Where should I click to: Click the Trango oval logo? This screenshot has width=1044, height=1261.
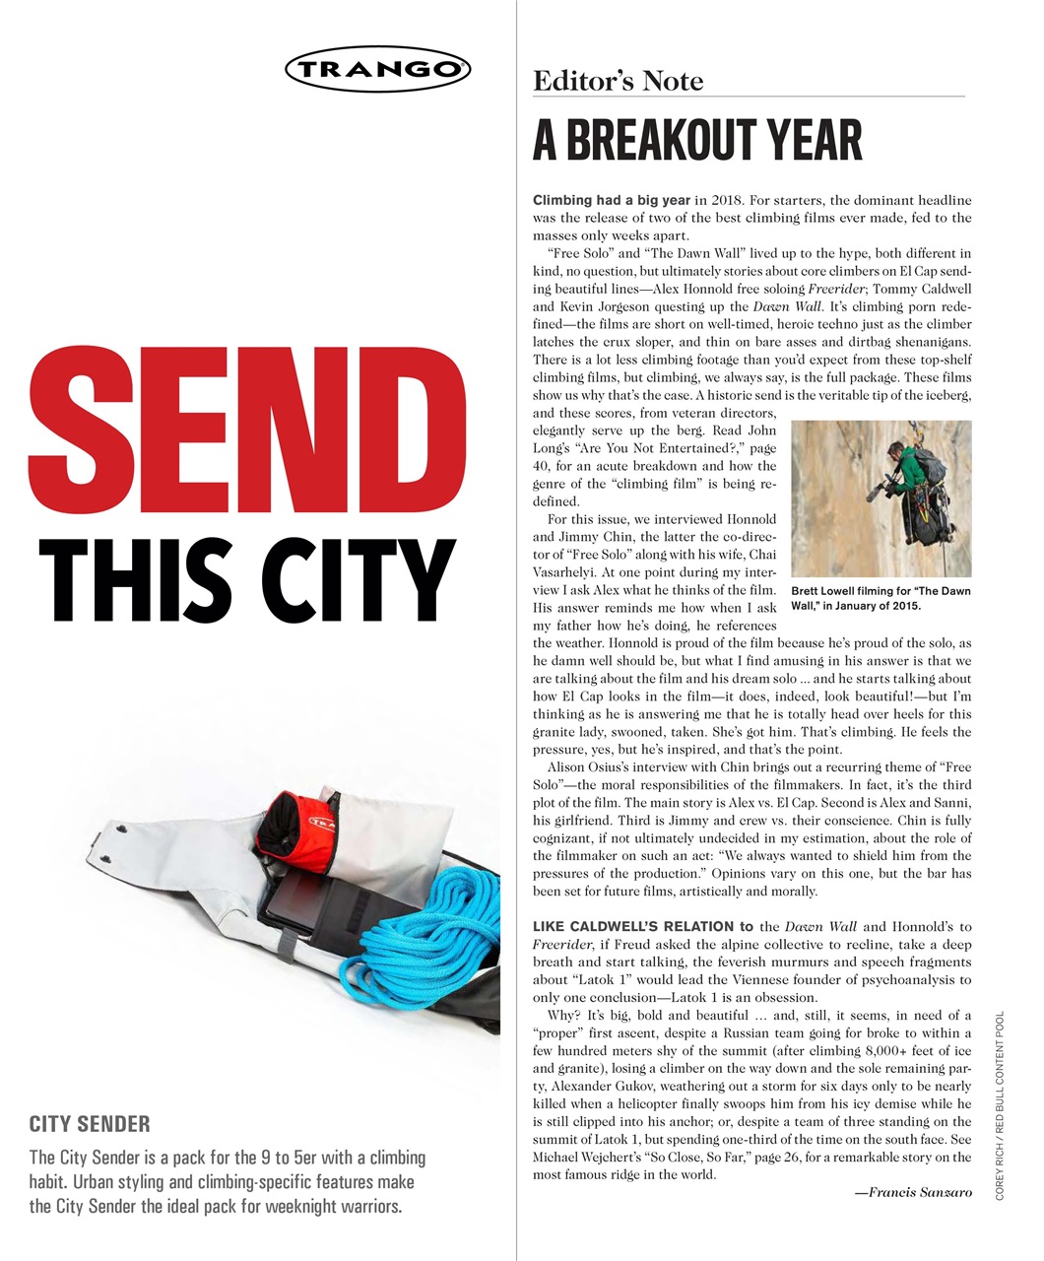(377, 69)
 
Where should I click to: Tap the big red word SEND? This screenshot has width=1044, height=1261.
(235, 427)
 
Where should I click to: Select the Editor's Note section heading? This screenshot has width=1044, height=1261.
(618, 81)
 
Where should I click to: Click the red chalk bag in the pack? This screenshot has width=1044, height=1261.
(295, 823)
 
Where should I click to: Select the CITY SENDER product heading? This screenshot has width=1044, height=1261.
(90, 1124)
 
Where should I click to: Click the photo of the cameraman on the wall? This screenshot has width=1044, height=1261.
(881, 498)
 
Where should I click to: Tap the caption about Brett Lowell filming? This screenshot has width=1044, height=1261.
(881, 598)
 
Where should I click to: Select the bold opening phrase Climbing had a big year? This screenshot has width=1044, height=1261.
(611, 200)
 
